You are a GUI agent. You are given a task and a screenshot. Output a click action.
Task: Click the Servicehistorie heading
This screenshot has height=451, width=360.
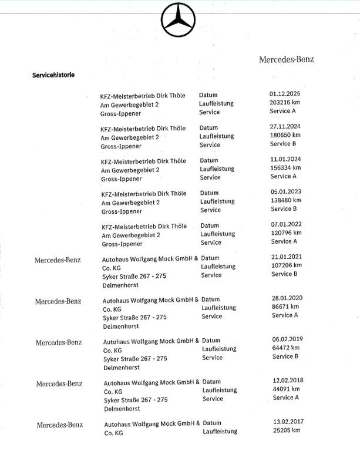pyautogui.click(x=53, y=75)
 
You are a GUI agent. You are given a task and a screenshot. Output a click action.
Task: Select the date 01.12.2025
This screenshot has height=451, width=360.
pyautogui.click(x=285, y=93)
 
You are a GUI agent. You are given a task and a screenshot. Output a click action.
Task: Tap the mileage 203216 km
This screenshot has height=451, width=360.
pyautogui.click(x=285, y=102)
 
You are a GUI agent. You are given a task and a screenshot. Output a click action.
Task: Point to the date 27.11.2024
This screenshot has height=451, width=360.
pyautogui.click(x=285, y=126)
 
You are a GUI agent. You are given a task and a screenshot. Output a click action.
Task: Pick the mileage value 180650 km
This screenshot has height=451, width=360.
pyautogui.click(x=285, y=135)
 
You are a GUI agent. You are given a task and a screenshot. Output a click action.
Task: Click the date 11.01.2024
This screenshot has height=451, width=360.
pyautogui.click(x=285, y=159)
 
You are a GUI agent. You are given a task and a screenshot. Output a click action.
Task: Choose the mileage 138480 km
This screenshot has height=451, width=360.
pyautogui.click(x=285, y=200)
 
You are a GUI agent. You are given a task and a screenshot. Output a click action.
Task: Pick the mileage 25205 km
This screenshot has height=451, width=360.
pyautogui.click(x=287, y=430)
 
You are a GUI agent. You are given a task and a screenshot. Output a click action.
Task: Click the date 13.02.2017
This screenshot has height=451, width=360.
pyautogui.click(x=287, y=421)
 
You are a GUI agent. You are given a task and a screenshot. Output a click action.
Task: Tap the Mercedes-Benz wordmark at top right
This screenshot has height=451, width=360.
pyautogui.click(x=287, y=59)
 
